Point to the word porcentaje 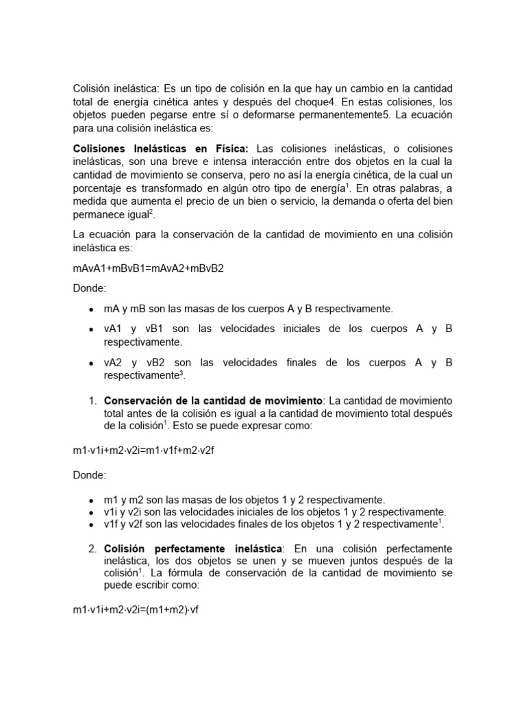[98, 188]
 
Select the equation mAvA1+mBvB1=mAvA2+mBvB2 [148, 268]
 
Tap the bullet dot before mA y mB [91, 309]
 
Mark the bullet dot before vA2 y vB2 [91, 363]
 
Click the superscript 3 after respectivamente [183, 373]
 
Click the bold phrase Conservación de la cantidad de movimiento [213, 400]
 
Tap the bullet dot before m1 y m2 [91, 500]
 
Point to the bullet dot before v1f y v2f [91, 525]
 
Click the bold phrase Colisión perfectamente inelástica [192, 549]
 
